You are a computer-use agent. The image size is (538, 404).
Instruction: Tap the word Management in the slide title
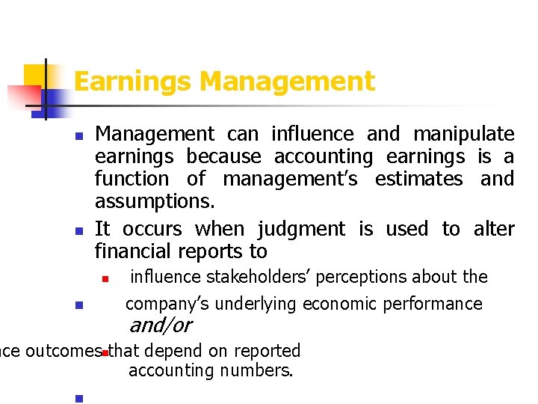pyautogui.click(x=287, y=81)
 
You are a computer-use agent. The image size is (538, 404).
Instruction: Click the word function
pyautogui.click(x=132, y=179)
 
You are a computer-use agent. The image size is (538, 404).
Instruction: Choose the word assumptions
pyautogui.click(x=155, y=202)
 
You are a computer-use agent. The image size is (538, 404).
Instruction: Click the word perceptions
pyautogui.click(x=350, y=278)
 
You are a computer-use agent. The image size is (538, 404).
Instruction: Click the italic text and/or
pyautogui.click(x=161, y=325)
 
